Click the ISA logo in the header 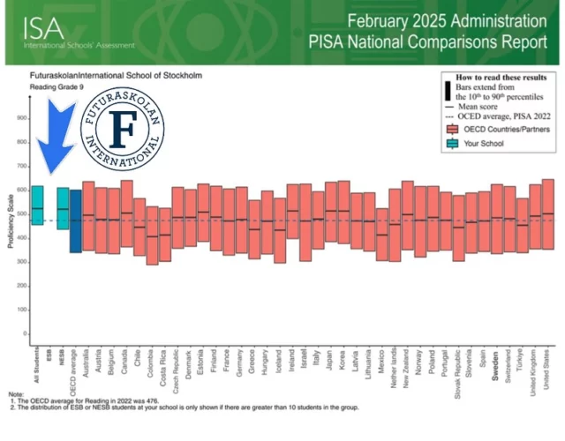tap(38, 26)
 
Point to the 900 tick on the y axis tap(20, 118)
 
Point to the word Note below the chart tap(17, 393)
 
